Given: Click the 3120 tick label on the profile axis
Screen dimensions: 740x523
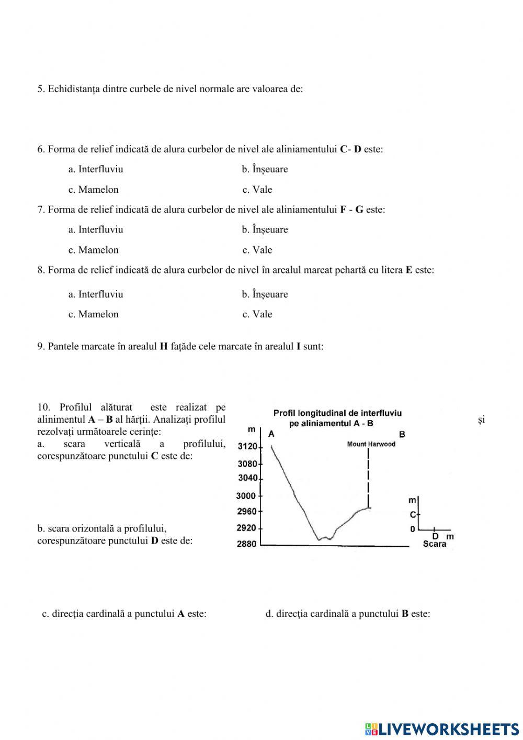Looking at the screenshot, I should click(x=247, y=447).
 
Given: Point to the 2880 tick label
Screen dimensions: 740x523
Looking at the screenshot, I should click(x=247, y=544).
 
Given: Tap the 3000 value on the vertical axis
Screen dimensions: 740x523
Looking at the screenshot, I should click(x=246, y=496).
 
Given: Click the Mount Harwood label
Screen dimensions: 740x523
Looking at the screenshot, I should click(x=371, y=444).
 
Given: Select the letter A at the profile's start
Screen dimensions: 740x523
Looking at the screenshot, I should click(x=271, y=434).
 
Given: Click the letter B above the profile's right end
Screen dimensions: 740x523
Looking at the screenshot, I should click(x=402, y=434).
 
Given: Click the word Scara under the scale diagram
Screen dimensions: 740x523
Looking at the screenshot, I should click(x=435, y=544).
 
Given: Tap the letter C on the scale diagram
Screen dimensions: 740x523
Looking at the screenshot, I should click(x=413, y=515).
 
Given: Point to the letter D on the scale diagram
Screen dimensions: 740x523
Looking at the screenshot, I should click(x=435, y=536).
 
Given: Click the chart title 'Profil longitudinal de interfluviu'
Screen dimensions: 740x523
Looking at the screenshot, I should click(x=337, y=413).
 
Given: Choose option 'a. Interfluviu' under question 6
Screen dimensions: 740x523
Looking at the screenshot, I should click(x=96, y=169).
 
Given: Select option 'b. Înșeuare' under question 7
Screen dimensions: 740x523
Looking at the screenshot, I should click(x=265, y=229).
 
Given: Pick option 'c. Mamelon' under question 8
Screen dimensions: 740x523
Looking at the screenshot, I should click(x=94, y=314).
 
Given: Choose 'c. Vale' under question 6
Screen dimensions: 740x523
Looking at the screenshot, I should click(x=257, y=190).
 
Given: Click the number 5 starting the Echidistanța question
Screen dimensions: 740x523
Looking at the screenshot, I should click(x=40, y=89).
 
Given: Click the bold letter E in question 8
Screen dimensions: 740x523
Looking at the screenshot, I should click(x=409, y=270).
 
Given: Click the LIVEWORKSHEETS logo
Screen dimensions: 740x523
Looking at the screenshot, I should click(x=442, y=728).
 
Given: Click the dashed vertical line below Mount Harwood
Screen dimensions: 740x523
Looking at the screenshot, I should click(x=369, y=477).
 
